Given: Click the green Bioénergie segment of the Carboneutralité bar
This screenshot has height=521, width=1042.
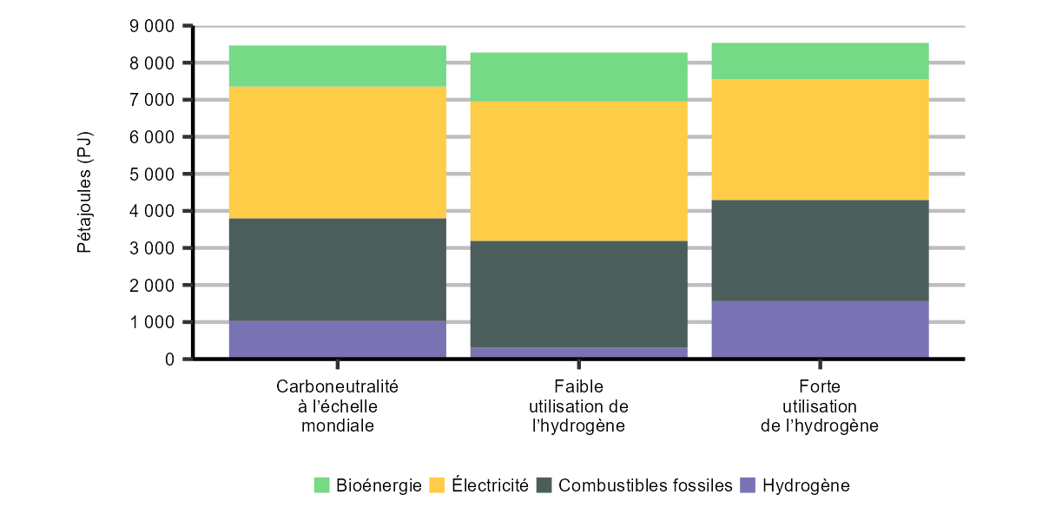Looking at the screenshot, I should coord(337,66).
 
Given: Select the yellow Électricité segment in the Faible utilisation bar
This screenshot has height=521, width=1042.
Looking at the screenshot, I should coord(578,171).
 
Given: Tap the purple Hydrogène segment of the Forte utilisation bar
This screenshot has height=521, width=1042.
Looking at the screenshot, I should coord(820,329).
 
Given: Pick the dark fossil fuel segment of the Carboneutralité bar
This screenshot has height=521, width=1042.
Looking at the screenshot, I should coord(337,269).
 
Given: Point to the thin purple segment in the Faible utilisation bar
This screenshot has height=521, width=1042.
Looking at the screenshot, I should coord(578,353).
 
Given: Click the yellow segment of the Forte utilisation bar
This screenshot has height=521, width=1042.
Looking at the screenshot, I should coord(820,140).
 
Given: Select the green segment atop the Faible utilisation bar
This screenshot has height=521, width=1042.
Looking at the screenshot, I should coord(578,77).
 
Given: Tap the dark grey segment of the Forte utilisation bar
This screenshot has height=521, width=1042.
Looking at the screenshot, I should coord(820,250).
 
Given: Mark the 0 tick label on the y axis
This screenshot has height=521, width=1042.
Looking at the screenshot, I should coord(169,359).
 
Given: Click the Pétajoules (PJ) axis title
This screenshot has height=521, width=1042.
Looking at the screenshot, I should coord(84,193).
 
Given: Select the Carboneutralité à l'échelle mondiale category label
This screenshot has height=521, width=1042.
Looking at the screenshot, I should coord(337,406).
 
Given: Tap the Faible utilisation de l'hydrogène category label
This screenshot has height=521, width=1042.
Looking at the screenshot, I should coord(578,406).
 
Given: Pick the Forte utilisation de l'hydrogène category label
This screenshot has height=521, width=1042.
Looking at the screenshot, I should coord(820,406).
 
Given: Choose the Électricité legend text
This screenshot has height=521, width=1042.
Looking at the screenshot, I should coord(490,485).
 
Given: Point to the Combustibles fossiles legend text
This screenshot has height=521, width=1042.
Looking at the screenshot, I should coord(645,485).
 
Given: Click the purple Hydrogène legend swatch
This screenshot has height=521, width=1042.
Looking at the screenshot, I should coord(748,485).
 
